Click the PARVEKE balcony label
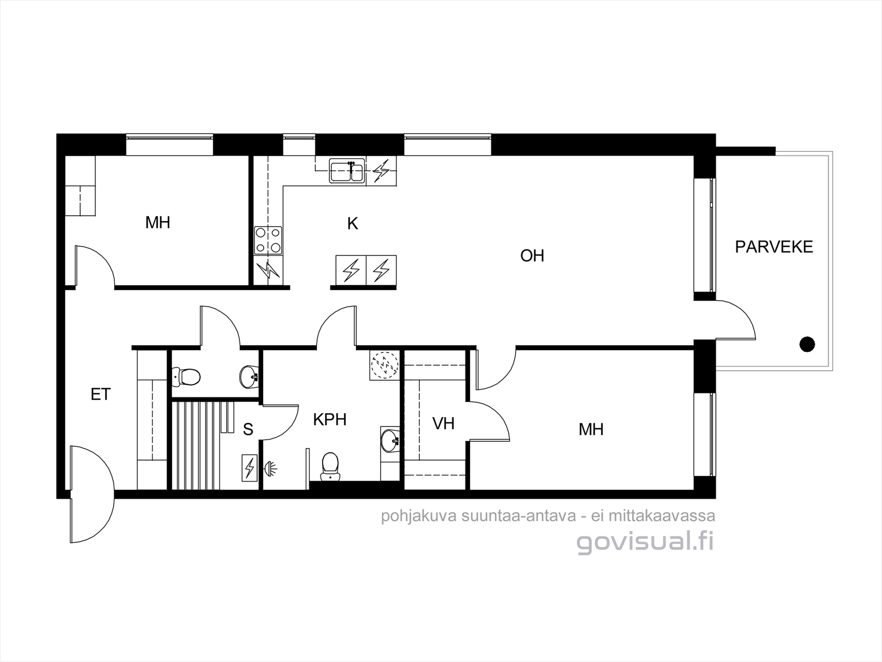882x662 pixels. click(774, 247)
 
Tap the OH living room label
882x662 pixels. click(532, 255)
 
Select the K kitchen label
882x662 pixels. click(352, 224)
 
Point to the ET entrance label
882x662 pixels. click(100, 394)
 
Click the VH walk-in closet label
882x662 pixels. click(443, 423)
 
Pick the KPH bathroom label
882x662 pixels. click(329, 419)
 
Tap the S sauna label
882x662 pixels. click(248, 429)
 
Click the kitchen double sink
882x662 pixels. click(347, 170)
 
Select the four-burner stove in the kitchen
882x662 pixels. click(268, 240)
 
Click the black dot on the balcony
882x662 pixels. click(807, 344)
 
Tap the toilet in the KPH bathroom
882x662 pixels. click(330, 466)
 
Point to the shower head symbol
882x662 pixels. click(270, 468)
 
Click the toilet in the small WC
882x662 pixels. click(186, 376)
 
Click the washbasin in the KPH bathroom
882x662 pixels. click(390, 441)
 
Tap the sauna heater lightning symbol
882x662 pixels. click(249, 468)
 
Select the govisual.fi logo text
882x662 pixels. click(645, 542)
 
